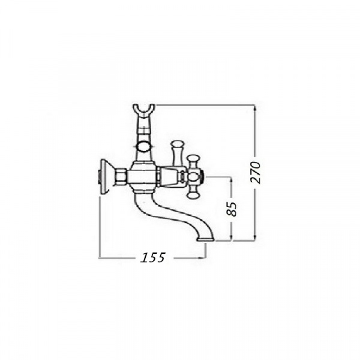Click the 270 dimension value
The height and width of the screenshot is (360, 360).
(x=256, y=172)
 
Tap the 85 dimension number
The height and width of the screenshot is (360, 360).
(x=231, y=209)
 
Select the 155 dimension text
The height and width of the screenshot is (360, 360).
(x=152, y=257)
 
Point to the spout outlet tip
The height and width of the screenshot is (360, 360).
(x=205, y=239)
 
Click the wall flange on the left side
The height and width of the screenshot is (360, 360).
(x=106, y=176)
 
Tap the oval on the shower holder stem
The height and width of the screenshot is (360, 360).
(x=144, y=146)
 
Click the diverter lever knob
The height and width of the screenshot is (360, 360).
(x=177, y=145)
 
